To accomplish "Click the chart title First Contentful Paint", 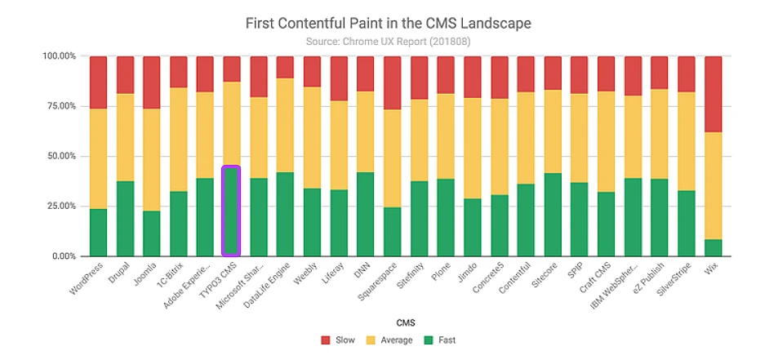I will [x=388, y=23].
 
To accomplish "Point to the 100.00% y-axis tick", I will [x=60, y=56].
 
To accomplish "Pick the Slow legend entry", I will [x=337, y=340].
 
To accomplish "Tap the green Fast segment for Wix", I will [x=713, y=247].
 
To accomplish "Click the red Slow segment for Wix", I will [x=713, y=94].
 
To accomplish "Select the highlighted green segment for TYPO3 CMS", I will [x=231, y=211].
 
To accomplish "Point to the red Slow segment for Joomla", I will [x=151, y=82].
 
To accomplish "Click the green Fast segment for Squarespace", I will [x=391, y=231].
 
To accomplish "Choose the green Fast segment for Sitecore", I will [x=552, y=214].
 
